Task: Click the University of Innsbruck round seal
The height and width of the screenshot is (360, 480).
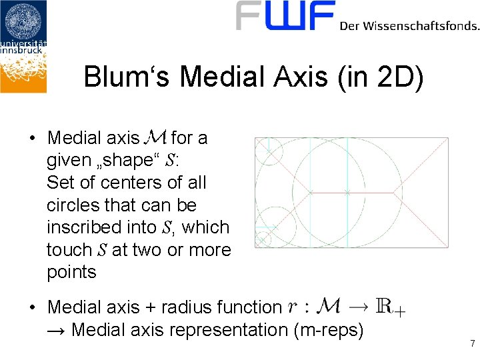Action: pos(23,21)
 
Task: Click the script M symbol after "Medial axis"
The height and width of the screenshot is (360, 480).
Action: pos(155,138)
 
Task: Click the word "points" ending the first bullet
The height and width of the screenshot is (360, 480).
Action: pos(71,272)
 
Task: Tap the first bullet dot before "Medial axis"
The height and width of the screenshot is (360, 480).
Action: pos(32,139)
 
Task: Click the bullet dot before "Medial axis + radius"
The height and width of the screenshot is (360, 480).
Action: pos(32,308)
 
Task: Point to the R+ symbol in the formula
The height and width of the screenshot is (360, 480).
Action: pos(389,307)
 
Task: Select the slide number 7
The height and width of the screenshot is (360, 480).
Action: pos(472,344)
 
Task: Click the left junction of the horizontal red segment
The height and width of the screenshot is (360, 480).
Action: pos(311,193)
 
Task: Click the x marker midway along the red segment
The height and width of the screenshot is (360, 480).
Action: pos(347,193)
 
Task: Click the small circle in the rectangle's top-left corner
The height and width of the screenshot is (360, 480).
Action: pos(269,151)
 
